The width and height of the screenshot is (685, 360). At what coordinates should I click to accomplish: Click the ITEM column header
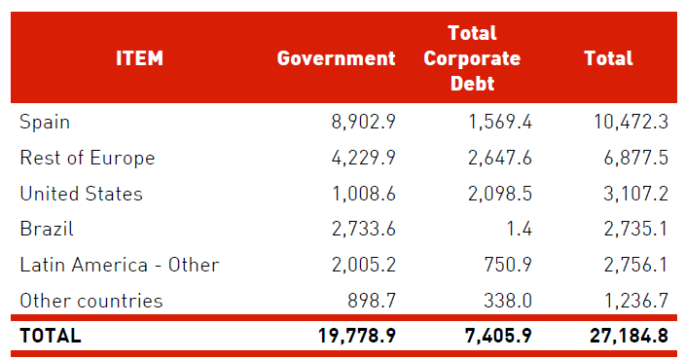click(140, 58)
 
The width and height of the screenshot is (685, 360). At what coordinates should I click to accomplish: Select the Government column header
click(336, 58)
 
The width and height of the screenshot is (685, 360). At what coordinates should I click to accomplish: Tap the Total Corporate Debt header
click(472, 58)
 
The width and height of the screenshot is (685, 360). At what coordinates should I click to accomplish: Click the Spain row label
click(45, 123)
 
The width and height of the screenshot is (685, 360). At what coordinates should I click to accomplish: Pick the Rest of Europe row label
click(88, 159)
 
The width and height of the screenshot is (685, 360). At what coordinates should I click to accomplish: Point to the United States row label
click(81, 194)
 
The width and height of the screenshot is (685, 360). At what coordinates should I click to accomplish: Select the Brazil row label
click(47, 230)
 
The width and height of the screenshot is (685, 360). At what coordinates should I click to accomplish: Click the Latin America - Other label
click(119, 265)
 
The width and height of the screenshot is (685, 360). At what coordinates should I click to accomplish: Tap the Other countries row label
click(90, 301)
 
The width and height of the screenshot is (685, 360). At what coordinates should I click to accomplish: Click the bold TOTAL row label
click(51, 337)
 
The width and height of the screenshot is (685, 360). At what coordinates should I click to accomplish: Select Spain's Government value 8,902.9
click(360, 123)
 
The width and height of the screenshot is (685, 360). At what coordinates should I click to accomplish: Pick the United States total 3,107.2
click(632, 194)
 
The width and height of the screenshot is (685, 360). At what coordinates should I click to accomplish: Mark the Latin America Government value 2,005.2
click(360, 265)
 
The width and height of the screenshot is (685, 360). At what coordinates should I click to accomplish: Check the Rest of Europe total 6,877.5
click(632, 159)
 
